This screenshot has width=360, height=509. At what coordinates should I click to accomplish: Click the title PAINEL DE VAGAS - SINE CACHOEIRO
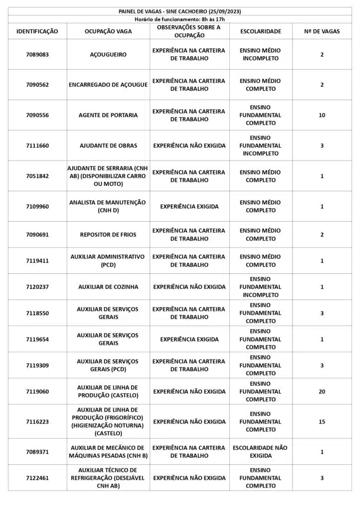pos(180,11)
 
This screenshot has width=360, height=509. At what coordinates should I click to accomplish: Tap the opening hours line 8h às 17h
pos(180,19)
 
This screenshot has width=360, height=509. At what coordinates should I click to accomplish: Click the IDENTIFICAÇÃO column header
pos(37,31)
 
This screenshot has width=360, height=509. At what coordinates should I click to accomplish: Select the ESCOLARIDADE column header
pos(260,31)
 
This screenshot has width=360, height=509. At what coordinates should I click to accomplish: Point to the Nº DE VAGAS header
pos(322,31)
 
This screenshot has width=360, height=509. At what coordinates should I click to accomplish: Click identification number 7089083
pos(37,55)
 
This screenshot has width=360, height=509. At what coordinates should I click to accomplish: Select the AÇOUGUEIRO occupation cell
pos(108,55)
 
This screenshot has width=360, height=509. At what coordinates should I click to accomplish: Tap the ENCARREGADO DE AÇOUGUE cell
pos(108,85)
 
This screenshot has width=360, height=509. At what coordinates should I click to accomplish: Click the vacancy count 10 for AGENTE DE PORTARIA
pos(322,115)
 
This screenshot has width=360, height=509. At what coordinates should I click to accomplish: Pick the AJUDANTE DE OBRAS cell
pos(108,146)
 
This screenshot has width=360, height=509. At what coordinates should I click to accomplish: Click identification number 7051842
pos(37,176)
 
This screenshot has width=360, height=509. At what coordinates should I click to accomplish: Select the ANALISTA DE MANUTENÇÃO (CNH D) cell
pos(108,206)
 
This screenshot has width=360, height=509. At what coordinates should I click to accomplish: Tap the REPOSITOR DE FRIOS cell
pos(108,235)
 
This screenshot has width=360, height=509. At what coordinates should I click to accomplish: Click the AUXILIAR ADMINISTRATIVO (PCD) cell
pos(108,260)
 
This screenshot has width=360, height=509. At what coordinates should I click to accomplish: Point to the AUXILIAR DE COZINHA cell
pos(108,287)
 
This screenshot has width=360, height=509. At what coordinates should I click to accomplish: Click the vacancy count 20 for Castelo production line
pos(322,392)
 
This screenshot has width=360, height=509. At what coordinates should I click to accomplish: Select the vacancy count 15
pos(322,422)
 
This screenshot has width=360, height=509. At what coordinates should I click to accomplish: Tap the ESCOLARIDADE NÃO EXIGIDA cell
pos(260,451)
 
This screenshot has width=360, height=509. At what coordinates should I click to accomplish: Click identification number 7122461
pos(37,478)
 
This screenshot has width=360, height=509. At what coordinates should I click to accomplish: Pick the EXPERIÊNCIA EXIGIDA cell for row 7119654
pos(189,339)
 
